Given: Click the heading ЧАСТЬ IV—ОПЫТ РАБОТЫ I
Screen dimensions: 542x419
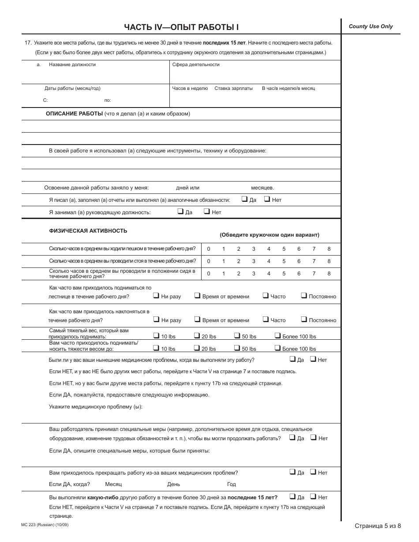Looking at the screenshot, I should point(181,27).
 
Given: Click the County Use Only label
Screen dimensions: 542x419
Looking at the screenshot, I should point(370,26).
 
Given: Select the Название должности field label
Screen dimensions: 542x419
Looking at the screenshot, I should point(72,64).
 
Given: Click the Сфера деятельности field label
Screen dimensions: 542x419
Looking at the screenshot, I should point(196,64).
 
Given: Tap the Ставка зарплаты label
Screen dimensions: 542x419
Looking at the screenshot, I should point(233,88).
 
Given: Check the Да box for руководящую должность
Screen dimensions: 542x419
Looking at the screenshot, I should point(180,211).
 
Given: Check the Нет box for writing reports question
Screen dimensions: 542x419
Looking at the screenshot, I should point(267,199).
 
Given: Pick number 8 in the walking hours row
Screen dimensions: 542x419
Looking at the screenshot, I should point(329,249).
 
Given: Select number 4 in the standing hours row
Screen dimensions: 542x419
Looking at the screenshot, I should point(269,261).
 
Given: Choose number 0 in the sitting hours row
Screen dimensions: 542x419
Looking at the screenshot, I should point(209,274).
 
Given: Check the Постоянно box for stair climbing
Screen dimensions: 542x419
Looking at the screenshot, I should point(304,296).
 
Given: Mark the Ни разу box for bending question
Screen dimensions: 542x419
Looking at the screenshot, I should point(156,319).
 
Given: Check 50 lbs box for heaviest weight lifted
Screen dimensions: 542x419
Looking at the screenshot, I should point(237,335).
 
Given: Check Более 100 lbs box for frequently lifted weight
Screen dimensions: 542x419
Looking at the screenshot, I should point(277,348).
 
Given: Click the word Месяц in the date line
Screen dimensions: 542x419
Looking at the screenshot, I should point(113,484).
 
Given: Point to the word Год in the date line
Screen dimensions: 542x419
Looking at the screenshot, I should point(232,484).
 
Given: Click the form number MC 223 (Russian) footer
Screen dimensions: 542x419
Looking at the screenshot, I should point(45,524).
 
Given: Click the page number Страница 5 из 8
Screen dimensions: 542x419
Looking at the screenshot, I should point(378,525).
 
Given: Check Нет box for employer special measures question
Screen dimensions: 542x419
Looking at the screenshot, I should point(313,438).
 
